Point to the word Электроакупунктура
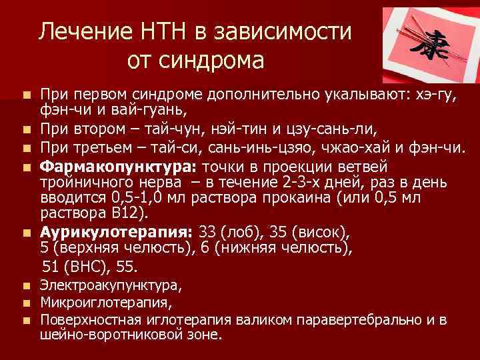point(110,285)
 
